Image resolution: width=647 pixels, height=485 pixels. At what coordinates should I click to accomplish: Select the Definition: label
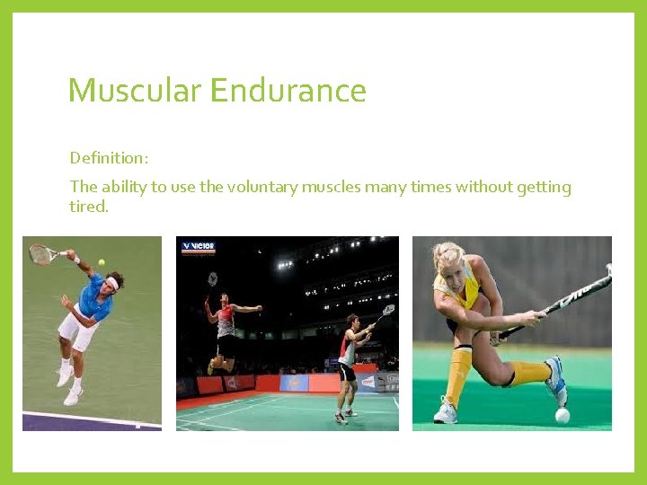pyautogui.click(x=109, y=158)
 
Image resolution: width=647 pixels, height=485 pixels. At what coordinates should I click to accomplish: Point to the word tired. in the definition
pyautogui.click(x=88, y=207)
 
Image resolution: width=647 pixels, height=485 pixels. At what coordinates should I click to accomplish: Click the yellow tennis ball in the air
pyautogui.click(x=102, y=262)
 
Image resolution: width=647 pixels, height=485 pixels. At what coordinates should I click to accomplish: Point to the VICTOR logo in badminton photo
pyautogui.click(x=198, y=246)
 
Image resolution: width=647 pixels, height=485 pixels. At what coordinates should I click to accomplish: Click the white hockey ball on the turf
pyautogui.click(x=562, y=415)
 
